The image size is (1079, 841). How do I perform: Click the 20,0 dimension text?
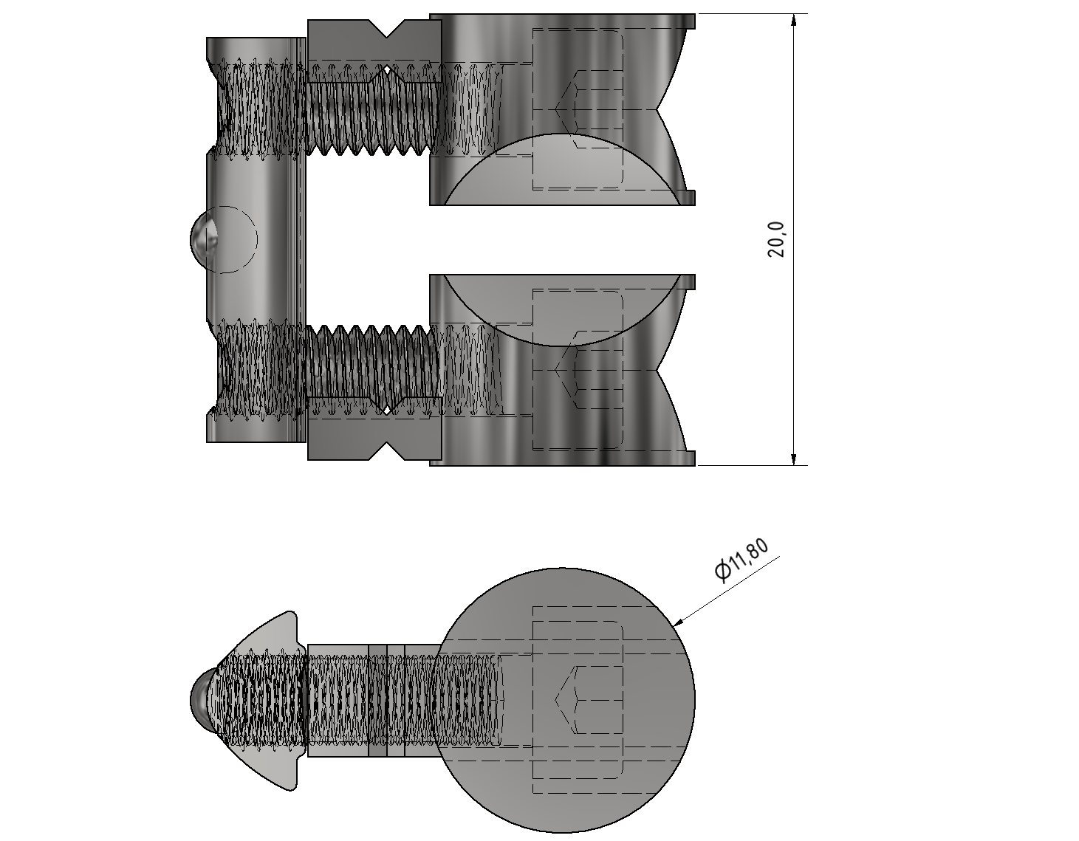(776, 238)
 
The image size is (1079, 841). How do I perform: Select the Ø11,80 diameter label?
(741, 560)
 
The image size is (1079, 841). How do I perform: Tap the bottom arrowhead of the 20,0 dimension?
(793, 458)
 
